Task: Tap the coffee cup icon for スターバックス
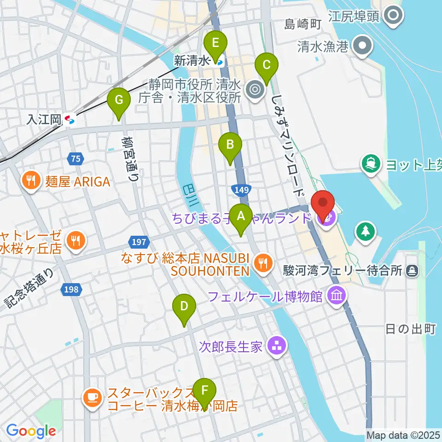tap(92, 397)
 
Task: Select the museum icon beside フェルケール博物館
tap(337, 295)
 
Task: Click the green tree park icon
tap(365, 231)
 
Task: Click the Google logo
tap(31, 431)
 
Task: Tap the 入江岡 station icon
tap(70, 120)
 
